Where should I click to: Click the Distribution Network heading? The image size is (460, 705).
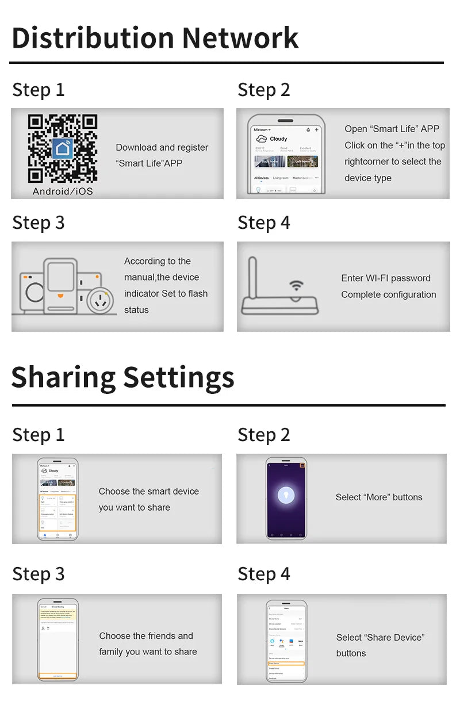pyautogui.click(x=155, y=38)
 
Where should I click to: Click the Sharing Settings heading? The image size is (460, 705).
pyautogui.click(x=122, y=377)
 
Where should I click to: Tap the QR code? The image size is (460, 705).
pyautogui.click(x=63, y=149)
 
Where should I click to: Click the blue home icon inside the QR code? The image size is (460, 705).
pyautogui.click(x=63, y=148)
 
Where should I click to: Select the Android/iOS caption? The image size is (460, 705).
pyautogui.click(x=63, y=191)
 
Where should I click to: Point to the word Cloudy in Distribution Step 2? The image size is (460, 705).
pyautogui.click(x=278, y=139)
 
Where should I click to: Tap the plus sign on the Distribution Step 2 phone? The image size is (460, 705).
pyautogui.click(x=316, y=130)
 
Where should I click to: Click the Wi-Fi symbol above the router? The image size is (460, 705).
pyautogui.click(x=296, y=285)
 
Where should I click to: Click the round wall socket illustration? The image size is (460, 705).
pyautogui.click(x=103, y=299)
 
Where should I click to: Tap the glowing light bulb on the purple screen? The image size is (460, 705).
pyautogui.click(x=286, y=495)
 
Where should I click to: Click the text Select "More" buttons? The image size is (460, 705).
pyautogui.click(x=379, y=497)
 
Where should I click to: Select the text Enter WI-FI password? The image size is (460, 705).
pyautogui.click(x=386, y=278)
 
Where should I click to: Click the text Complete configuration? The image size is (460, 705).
pyautogui.click(x=389, y=295)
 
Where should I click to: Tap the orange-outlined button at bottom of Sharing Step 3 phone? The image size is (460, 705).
pyautogui.click(x=57, y=676)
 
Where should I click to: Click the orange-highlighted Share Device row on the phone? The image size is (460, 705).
pyautogui.click(x=286, y=663)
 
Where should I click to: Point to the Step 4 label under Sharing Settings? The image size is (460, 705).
pyautogui.click(x=264, y=574)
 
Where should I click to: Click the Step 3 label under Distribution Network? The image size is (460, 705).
pyautogui.click(x=39, y=223)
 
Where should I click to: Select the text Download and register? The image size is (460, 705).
pyautogui.click(x=162, y=148)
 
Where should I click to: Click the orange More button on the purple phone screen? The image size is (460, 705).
pyautogui.click(x=302, y=465)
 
